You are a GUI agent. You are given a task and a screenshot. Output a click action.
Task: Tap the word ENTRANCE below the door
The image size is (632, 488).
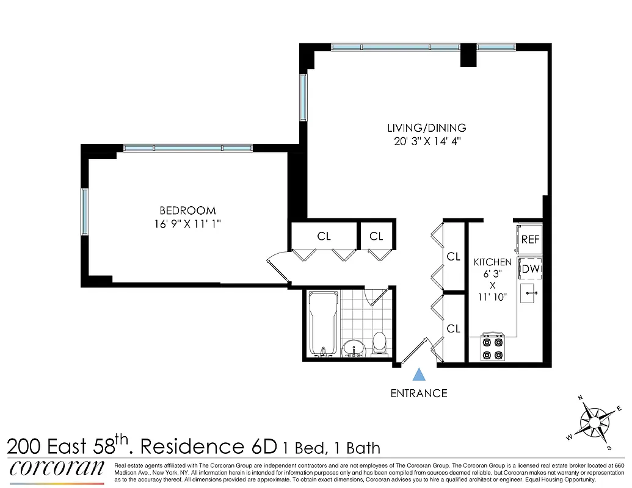click(419, 393)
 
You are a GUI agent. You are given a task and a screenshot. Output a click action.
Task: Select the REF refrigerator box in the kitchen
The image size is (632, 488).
click(529, 240)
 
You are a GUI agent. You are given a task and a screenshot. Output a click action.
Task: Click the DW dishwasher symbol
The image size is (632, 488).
click(529, 268)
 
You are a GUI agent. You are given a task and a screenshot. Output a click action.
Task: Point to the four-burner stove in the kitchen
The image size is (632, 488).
click(492, 348)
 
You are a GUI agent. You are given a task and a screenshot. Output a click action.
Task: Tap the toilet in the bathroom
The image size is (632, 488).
click(380, 343)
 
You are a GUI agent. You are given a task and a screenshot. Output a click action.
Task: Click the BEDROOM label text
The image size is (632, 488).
click(187, 211)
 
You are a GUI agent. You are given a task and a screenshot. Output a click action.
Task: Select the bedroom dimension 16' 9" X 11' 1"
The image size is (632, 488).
click(187, 224)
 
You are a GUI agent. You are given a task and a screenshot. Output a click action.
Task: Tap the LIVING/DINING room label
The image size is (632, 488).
click(427, 128)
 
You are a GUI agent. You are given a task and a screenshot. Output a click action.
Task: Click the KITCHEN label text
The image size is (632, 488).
click(493, 262)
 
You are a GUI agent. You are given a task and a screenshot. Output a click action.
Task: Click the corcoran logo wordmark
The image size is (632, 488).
click(57, 469)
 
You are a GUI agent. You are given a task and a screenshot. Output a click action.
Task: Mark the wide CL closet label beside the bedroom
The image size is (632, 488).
click(324, 236)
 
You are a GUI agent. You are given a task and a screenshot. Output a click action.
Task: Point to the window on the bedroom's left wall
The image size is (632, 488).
click(85, 211)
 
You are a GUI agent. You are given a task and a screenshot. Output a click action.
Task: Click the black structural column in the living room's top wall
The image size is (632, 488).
click(468, 56)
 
